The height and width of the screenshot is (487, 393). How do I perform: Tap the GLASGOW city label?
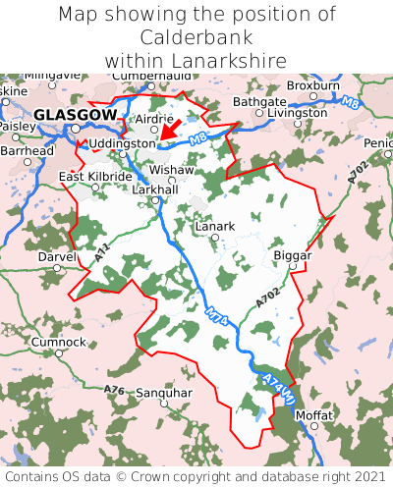[x=75, y=115]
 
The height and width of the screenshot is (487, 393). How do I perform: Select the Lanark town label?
[x=215, y=226]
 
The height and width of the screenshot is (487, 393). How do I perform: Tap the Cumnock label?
[x=58, y=342]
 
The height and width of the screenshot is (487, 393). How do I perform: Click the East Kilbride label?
[x=95, y=177]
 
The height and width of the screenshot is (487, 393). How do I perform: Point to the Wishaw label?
[x=172, y=170]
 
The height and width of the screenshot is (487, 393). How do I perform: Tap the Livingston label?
[x=298, y=113]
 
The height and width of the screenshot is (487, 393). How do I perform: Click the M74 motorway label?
[x=217, y=317]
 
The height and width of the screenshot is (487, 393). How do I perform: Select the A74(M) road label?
[x=278, y=388]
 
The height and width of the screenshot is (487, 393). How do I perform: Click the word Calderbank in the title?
[x=196, y=37]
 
